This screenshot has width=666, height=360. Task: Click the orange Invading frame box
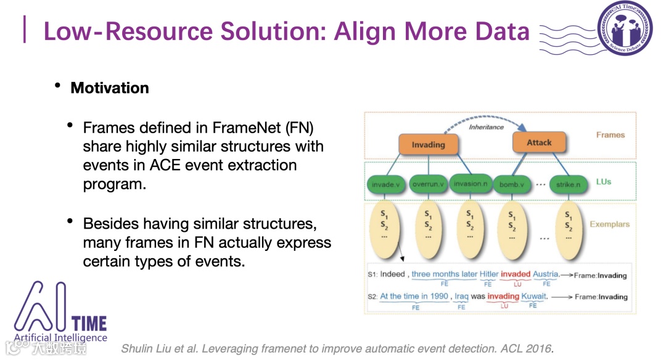point(428,145)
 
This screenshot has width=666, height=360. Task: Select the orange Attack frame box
point(539,142)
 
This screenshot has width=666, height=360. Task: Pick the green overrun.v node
point(427,184)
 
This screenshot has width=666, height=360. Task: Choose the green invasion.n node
point(470,184)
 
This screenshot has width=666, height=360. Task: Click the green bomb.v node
point(511,184)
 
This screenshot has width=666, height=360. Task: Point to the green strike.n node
point(568,184)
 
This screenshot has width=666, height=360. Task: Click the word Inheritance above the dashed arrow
point(487,127)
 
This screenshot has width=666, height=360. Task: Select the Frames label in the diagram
point(610,135)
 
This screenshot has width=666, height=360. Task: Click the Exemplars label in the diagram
point(609,224)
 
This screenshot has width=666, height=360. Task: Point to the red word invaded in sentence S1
point(515,274)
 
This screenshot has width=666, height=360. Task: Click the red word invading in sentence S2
point(503,297)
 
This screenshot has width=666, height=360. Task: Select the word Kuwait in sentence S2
point(533,297)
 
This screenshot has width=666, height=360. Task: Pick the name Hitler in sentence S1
point(488,274)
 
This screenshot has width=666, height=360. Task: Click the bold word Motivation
point(110,88)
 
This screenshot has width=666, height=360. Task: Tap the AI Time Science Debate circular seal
point(624,28)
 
